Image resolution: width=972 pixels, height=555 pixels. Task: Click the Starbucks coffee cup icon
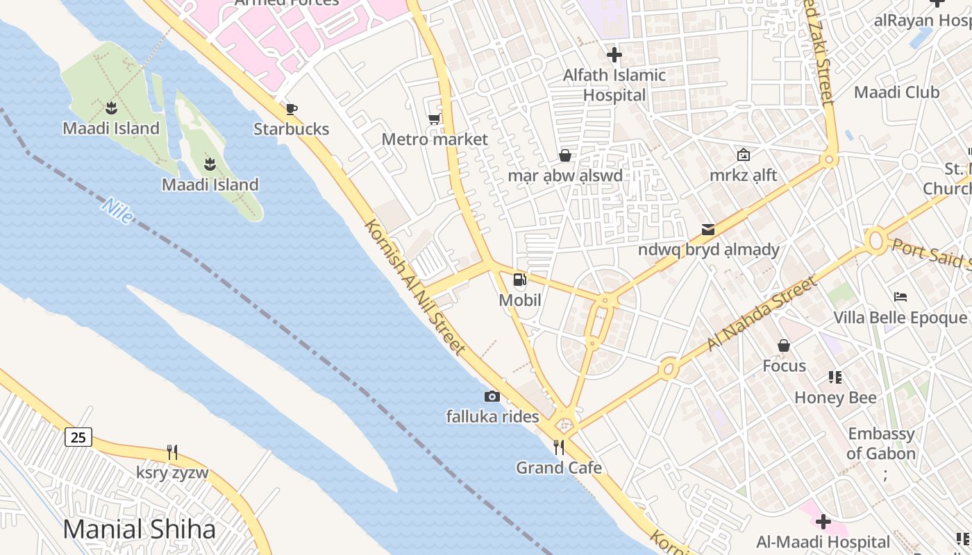(x=292, y=109)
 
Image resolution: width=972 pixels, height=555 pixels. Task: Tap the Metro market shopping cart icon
(x=434, y=119)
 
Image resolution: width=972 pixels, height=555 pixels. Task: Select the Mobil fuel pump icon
(x=519, y=280)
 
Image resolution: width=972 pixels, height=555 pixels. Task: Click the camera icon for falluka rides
(x=492, y=396)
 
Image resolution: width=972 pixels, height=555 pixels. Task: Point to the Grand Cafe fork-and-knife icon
(x=559, y=447)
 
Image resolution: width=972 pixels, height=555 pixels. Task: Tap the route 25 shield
(x=78, y=437)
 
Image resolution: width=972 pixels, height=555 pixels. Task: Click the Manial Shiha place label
(x=140, y=529)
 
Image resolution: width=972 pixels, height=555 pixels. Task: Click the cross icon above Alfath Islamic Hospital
(x=614, y=54)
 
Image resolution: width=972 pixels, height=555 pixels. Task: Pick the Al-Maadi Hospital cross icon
(x=823, y=521)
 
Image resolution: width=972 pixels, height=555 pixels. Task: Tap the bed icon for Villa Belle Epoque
(x=900, y=297)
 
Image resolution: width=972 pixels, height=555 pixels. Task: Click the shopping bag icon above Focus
(x=784, y=345)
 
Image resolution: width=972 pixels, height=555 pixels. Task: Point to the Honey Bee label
(x=835, y=398)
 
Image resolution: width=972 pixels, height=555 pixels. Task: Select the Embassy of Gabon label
(x=881, y=444)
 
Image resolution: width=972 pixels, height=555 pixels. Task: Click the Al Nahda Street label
(x=762, y=314)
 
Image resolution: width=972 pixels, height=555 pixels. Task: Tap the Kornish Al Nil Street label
(x=414, y=288)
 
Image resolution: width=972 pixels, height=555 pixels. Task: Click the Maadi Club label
(x=896, y=92)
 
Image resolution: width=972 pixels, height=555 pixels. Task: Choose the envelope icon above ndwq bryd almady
(x=708, y=229)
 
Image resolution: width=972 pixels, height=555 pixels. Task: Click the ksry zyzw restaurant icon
(x=172, y=452)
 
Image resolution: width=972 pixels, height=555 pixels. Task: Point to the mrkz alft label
(x=743, y=176)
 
